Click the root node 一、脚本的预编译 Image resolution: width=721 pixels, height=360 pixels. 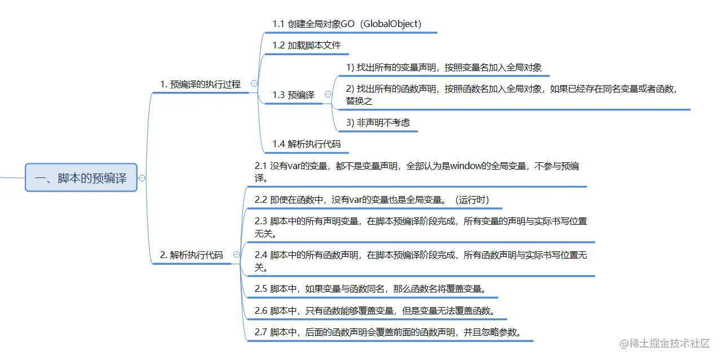coord(81,178)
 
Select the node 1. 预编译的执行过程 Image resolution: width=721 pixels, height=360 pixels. coord(200,85)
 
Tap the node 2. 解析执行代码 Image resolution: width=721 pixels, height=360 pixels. coord(192,255)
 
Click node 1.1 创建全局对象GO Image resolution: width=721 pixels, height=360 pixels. coord(347,24)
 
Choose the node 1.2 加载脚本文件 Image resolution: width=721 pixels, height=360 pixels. coord(306,46)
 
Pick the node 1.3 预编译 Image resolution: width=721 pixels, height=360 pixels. coord(293,95)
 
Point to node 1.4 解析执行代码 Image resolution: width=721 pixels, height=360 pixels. coord(306,144)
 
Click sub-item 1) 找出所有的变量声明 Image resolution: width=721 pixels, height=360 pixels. coord(444,68)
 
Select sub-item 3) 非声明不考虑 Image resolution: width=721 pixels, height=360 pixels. coord(378,123)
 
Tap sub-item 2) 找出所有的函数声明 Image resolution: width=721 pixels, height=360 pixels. coord(510,95)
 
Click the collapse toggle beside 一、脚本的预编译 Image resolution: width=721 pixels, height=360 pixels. coord(142,178)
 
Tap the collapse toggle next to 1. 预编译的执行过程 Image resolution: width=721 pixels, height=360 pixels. coord(254,83)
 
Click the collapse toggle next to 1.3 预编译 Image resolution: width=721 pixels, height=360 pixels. coord(327,95)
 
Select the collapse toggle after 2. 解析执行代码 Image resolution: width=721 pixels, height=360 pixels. coord(236,255)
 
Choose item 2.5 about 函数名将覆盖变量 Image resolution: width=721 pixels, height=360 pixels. coord(370,289)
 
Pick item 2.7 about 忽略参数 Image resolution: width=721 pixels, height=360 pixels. coord(387,332)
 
